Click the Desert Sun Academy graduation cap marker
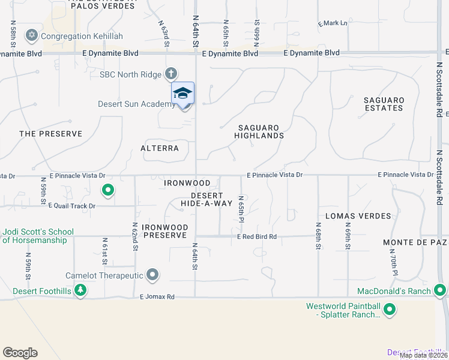tap(183, 94)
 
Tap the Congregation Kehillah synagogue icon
tap(31, 36)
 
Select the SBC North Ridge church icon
tap(170, 74)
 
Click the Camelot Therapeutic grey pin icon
tap(152, 275)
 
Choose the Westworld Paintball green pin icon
tap(390, 310)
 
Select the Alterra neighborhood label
tap(160, 148)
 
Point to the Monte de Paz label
tap(415, 242)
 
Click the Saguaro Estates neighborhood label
tap(384, 104)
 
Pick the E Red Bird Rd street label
tap(256, 237)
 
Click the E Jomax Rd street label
tap(157, 297)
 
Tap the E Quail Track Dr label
tap(71, 206)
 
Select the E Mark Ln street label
tap(333, 23)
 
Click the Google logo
tap(20, 353)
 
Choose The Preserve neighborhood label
tap(50, 134)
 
